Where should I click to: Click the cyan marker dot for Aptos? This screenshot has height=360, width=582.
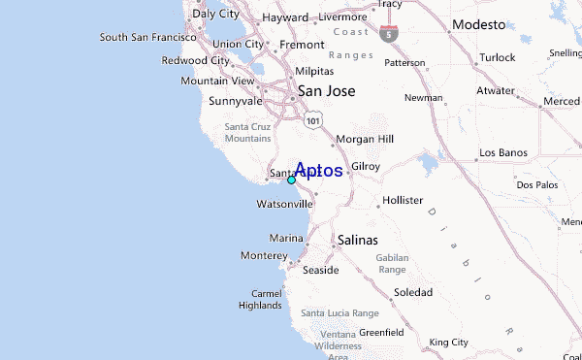[291, 180]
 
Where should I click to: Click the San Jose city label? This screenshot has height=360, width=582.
[326, 91]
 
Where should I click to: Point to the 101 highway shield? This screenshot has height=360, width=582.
[311, 118]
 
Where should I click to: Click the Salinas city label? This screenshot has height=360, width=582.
[357, 239]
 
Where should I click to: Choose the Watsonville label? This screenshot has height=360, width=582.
[284, 205]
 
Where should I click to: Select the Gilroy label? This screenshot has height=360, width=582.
[366, 167]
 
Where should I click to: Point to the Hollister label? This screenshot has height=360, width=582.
[403, 200]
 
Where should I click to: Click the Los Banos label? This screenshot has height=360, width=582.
[501, 153]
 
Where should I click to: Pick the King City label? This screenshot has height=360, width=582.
[448, 343]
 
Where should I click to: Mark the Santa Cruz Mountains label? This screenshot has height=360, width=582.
[248, 133]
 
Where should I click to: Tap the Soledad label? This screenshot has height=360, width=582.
[412, 292]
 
